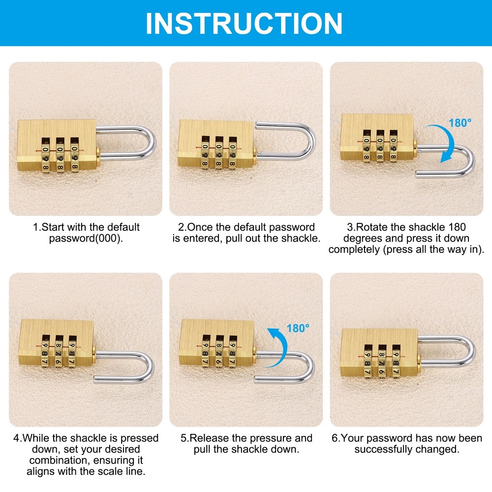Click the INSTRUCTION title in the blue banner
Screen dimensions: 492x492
(x=245, y=22)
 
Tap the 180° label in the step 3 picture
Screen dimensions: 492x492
(x=460, y=123)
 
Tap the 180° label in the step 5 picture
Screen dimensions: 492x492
(x=298, y=328)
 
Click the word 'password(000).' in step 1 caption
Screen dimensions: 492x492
(x=87, y=238)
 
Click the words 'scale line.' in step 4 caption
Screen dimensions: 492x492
(x=120, y=471)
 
